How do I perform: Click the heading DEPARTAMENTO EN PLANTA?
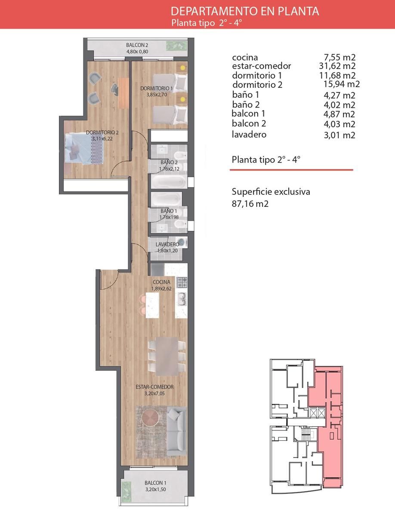click(x=245, y=11)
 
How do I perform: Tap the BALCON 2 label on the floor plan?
click(x=137, y=45)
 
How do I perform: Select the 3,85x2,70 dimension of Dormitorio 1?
click(x=157, y=95)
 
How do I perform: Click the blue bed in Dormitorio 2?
click(x=84, y=149)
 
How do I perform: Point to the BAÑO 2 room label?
click(x=169, y=162)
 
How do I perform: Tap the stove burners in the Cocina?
click(x=182, y=283)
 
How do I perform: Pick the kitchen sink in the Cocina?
click(x=182, y=299)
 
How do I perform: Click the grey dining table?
click(x=167, y=356)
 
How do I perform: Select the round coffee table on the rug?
click(x=151, y=418)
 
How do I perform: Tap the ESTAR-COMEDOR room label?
click(x=154, y=387)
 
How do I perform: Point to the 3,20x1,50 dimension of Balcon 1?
click(x=155, y=489)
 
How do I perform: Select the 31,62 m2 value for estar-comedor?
click(x=337, y=66)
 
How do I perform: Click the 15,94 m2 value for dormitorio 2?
click(x=342, y=84)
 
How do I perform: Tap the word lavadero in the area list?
click(x=249, y=135)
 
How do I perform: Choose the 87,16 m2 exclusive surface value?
click(x=250, y=203)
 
